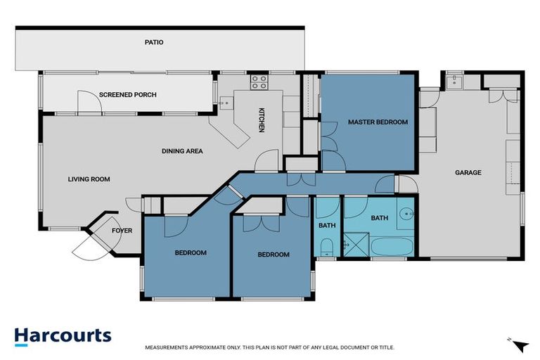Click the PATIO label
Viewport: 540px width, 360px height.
[x=154, y=42]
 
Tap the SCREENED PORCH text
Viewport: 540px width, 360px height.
[x=127, y=94]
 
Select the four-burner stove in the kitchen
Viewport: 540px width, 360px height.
[x=259, y=82]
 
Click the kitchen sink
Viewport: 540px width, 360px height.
[x=226, y=103]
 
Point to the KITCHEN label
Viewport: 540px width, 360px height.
[x=261, y=120]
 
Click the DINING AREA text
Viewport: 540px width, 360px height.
[x=182, y=150]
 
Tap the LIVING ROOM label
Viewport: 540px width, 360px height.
[x=89, y=179]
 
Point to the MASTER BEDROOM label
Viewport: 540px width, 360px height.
[x=378, y=122]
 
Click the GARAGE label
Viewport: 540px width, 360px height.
[x=468, y=172]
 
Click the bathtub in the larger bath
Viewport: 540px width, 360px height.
[x=389, y=247]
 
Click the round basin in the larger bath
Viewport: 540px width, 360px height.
[x=406, y=214]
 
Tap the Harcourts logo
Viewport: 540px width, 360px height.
[x=63, y=335]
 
